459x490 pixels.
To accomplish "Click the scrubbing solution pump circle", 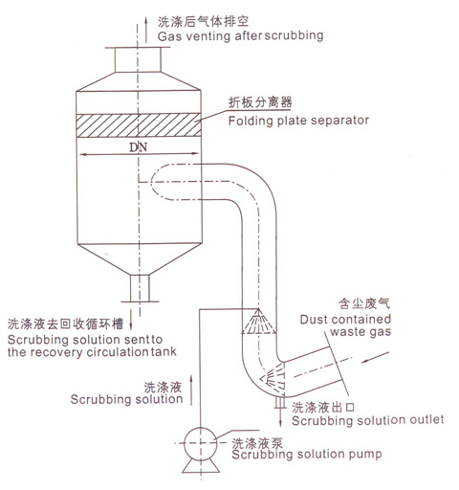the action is coord(201,428).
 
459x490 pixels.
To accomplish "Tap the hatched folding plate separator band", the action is coord(139,125).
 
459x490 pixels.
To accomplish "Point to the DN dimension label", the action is coord(139,147).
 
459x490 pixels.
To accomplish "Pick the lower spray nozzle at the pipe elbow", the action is coord(273,378).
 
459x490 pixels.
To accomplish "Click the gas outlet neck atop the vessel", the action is coord(138,59).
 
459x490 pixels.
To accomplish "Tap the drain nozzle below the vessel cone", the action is coord(140,288).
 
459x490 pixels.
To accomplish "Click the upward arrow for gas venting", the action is coord(146,30).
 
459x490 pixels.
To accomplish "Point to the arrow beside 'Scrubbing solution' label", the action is coord(191,390).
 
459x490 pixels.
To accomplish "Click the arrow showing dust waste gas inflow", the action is coord(376,357).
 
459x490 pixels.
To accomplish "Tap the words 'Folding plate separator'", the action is coord(298,121).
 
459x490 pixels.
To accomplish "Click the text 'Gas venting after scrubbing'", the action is coord(240,35).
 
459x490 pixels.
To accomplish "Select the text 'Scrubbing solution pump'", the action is coord(307,454).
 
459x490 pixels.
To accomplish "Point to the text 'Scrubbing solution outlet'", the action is coord(368,420).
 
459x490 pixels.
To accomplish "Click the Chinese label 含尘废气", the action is coord(364,303).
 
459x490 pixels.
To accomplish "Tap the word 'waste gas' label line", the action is coord(361,332).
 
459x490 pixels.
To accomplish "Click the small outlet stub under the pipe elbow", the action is coord(280,402).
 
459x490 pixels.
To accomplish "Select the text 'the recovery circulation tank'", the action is coord(92,352).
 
